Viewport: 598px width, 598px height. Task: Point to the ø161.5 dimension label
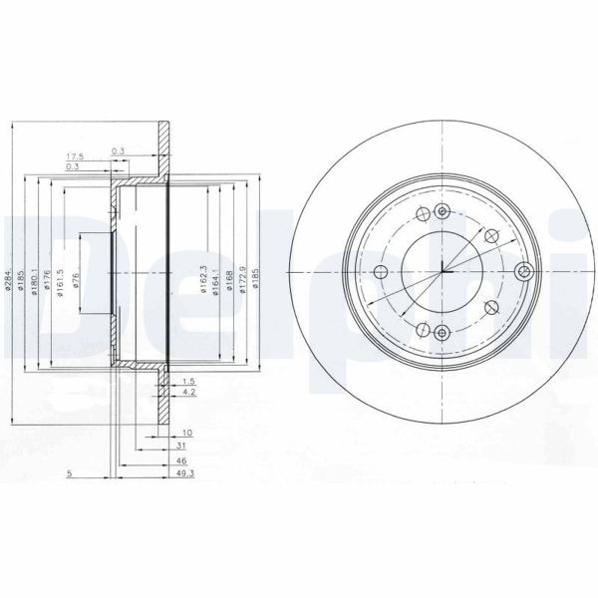(x=62, y=282)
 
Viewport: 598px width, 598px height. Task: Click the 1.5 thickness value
(x=186, y=382)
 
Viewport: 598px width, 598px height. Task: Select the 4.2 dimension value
(x=186, y=393)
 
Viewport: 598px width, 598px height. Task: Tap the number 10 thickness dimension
(x=186, y=433)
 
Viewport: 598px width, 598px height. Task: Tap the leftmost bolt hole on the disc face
(x=380, y=273)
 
